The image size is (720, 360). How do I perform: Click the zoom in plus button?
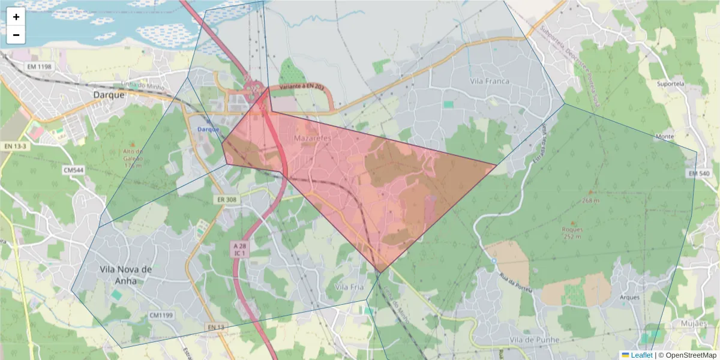point(16,17)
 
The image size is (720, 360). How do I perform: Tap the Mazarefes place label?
point(313,138)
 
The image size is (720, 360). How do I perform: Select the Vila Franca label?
point(490,81)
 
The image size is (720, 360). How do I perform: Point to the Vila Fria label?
point(349,287)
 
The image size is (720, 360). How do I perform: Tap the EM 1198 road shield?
point(40,66)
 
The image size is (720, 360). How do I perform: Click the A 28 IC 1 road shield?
point(240,250)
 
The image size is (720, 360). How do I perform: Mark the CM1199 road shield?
point(161,315)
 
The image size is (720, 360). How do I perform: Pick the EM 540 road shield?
point(698,173)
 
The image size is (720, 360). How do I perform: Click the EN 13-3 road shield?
point(16,146)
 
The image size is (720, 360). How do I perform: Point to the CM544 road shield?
point(73,170)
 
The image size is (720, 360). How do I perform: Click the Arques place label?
point(630,297)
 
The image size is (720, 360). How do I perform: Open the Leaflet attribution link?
point(641,355)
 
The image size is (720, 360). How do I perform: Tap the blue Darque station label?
point(208,129)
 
